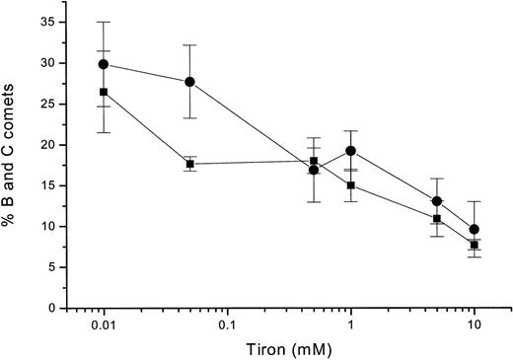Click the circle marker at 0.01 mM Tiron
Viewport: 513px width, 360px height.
pos(104,64)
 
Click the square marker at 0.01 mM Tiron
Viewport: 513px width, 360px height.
pos(104,92)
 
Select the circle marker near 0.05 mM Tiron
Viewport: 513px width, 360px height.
pos(189,82)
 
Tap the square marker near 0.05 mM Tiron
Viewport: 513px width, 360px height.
pos(189,164)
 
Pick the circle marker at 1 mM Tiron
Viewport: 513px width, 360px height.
pos(350,151)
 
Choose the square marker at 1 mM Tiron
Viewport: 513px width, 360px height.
pos(350,184)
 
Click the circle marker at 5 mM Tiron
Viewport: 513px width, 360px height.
pos(437,201)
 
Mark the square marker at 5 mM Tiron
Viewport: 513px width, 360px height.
pos(437,218)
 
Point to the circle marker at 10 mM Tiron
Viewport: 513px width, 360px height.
pos(475,229)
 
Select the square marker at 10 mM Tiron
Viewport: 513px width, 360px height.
pos(475,245)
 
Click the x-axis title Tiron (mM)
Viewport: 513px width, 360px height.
pos(287,349)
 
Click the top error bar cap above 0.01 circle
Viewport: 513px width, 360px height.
pos(104,22)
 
